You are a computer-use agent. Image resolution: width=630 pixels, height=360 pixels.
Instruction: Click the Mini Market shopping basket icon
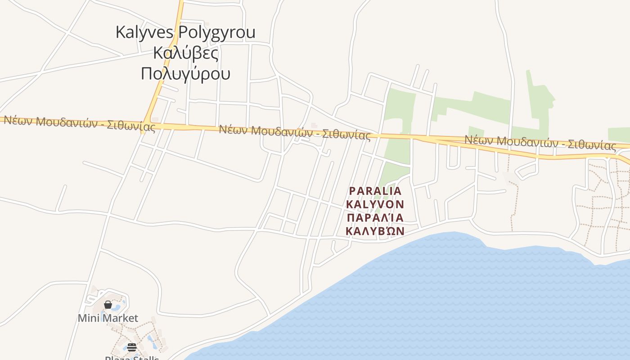click(108, 305)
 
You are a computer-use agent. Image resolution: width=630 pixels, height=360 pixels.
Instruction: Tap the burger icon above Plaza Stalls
click(131, 347)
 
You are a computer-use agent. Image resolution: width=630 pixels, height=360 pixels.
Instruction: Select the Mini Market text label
click(108, 318)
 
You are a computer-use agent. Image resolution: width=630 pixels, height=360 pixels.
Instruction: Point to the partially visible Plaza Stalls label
click(132, 357)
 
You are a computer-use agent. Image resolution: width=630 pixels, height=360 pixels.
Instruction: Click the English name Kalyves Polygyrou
click(185, 32)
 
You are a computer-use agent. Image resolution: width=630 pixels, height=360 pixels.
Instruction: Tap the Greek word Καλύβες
click(185, 53)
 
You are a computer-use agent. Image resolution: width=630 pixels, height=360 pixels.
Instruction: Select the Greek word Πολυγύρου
click(185, 73)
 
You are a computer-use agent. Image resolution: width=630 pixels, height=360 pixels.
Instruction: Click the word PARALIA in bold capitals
click(375, 191)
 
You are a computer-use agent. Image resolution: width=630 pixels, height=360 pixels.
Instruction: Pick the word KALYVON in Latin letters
click(375, 204)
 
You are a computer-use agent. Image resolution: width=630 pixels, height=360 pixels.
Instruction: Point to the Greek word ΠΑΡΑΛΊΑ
click(375, 218)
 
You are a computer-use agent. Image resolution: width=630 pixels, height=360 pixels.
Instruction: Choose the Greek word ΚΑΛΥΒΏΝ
click(375, 231)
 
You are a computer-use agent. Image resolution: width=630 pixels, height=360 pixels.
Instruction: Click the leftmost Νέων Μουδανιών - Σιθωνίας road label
click(80, 124)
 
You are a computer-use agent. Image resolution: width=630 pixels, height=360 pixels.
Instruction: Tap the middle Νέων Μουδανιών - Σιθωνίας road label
click(295, 132)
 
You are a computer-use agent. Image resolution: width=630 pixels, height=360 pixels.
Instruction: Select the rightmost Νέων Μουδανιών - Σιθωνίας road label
click(540, 143)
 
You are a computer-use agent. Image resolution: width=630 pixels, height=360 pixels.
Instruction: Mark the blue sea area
click(450, 306)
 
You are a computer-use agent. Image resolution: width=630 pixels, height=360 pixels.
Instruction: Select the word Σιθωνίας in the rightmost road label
click(592, 145)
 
